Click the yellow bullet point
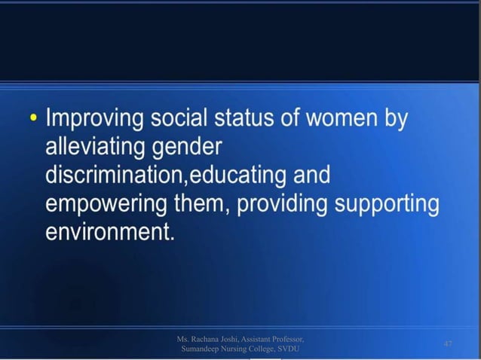31,119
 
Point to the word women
367,119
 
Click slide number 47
448,343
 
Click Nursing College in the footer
249,349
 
